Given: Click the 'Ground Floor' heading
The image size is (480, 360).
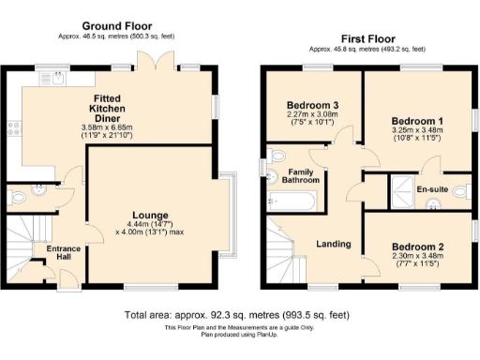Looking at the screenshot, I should (x=118, y=24).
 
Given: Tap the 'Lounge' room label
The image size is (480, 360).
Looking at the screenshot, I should (x=149, y=215).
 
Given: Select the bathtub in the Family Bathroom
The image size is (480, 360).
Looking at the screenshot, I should (x=292, y=200).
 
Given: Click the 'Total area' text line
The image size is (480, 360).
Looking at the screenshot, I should (x=241, y=314).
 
